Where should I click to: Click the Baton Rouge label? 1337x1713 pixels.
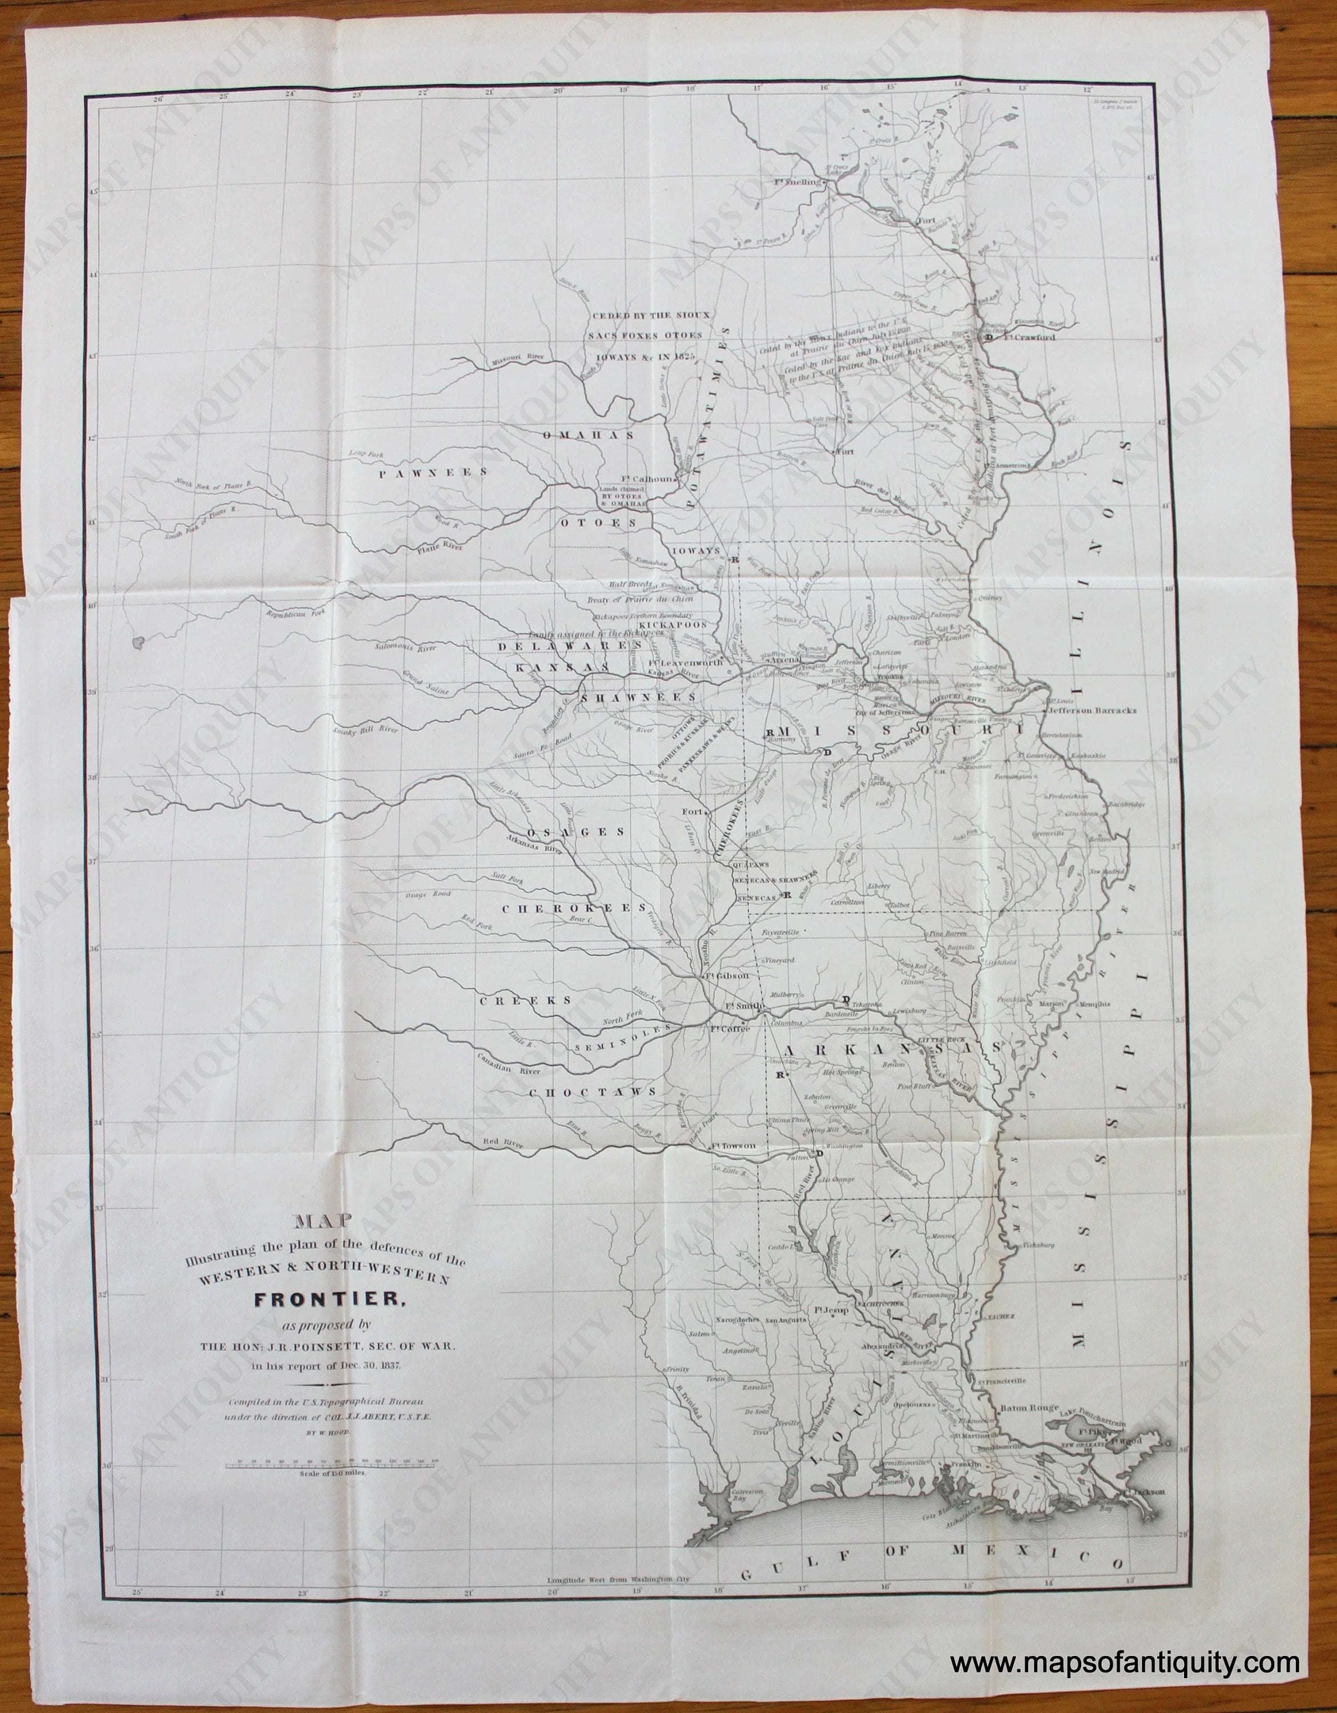(x=1028, y=1409)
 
